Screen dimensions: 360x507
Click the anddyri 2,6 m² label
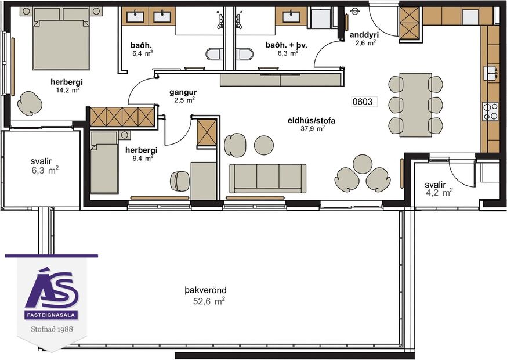click(364, 38)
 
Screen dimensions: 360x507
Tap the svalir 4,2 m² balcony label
click(438, 189)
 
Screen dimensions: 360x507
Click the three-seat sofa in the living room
click(267, 178)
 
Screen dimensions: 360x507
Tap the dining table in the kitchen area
click(415, 105)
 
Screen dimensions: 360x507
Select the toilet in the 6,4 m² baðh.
click(215, 54)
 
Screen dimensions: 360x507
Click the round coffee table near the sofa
click(264, 145)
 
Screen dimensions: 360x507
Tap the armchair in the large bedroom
click(29, 103)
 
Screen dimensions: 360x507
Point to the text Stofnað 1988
click(51, 329)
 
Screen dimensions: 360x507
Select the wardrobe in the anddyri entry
click(410, 23)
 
